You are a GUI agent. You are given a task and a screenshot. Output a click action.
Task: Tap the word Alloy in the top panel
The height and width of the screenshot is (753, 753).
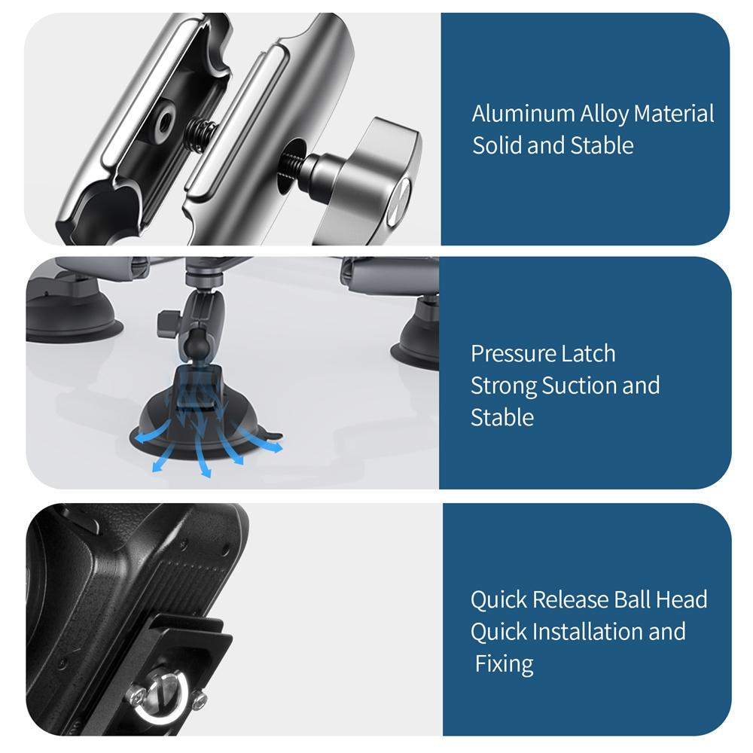pos(604,114)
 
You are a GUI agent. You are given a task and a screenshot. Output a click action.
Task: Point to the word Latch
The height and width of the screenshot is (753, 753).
pos(590,353)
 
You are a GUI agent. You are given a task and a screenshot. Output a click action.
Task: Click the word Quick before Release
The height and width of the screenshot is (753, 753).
pos(498,600)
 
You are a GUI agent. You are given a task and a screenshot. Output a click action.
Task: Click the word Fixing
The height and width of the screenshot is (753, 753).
pos(505,664)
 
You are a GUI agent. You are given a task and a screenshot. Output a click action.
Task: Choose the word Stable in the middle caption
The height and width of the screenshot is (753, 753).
pos(501,417)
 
